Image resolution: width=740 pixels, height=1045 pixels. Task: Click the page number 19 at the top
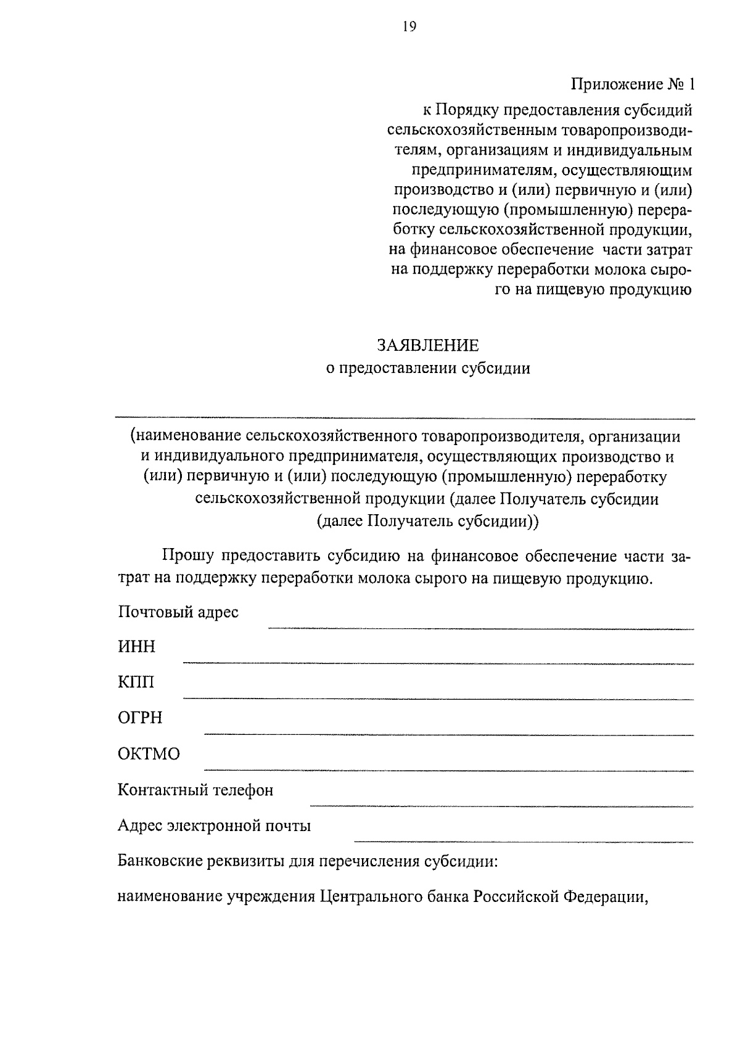[409, 26]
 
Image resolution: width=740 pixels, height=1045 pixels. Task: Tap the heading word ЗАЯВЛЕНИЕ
[427, 344]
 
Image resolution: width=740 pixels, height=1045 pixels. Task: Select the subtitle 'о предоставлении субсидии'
[427, 369]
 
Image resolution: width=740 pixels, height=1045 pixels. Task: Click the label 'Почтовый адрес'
[178, 612]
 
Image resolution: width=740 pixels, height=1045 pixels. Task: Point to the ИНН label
[136, 647]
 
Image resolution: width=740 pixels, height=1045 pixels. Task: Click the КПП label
[136, 682]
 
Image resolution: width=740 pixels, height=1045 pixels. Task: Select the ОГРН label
[140, 718]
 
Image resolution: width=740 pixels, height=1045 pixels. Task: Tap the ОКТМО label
[149, 754]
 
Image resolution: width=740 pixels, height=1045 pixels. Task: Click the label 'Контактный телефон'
[195, 790]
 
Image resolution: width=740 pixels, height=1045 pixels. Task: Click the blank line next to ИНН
[438, 663]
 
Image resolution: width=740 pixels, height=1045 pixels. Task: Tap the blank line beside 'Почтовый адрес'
[481, 628]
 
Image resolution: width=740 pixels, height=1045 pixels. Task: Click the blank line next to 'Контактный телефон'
[501, 805]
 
